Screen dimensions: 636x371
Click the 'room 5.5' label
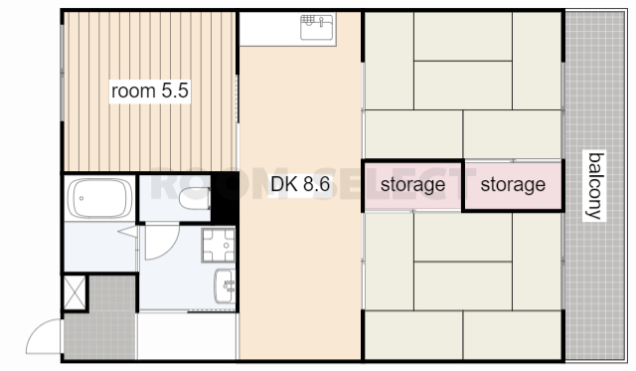150,91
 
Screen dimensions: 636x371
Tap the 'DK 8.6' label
300,184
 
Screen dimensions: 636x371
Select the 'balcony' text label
594,186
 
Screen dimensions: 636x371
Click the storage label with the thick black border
513,185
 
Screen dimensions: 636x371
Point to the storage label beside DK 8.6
413,185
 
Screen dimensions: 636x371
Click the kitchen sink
317,27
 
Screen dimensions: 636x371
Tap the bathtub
99,199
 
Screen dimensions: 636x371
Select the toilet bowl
195,199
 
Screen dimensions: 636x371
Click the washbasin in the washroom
226,285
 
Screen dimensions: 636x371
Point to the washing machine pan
219,245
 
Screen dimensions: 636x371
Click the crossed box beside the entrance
76,292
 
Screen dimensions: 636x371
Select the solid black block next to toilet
225,198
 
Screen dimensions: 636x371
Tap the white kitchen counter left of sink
269,29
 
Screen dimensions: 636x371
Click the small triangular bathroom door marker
128,232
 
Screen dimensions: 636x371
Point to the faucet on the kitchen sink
320,22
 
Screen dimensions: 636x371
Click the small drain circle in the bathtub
81,199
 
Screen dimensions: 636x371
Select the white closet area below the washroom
187,335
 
